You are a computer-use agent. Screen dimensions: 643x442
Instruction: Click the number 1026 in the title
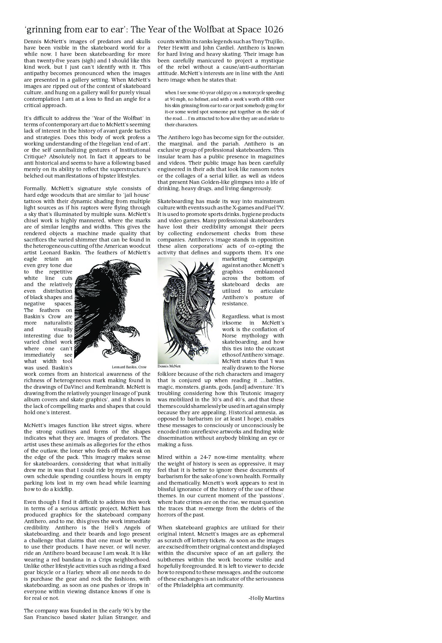(272, 29)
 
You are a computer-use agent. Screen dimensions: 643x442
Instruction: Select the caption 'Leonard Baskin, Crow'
(129, 367)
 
